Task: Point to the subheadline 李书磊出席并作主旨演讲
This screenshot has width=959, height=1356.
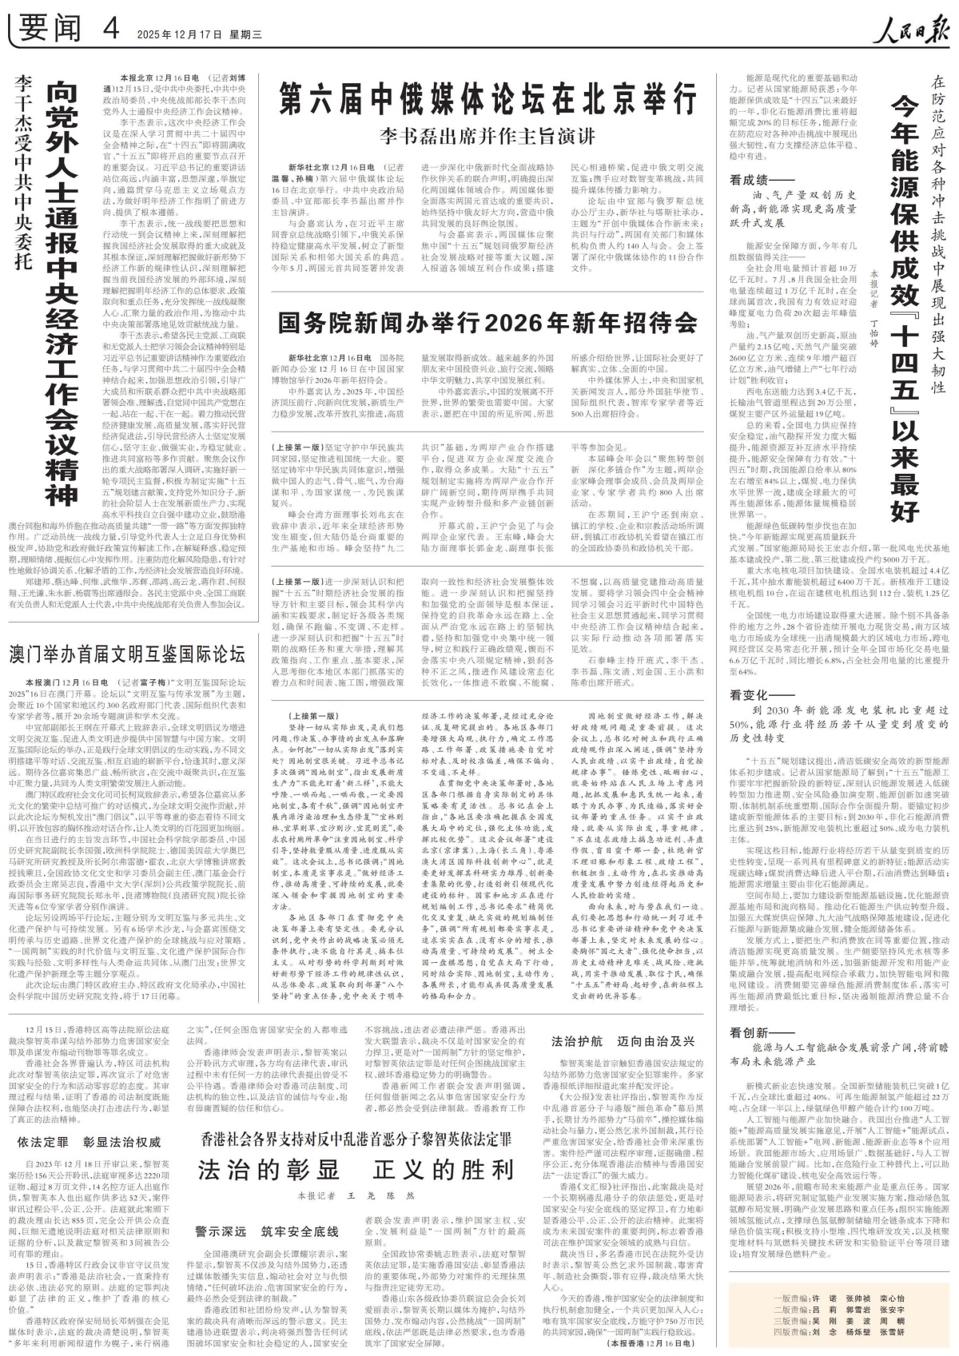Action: (x=487, y=136)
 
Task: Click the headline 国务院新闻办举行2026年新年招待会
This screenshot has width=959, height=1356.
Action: (x=487, y=323)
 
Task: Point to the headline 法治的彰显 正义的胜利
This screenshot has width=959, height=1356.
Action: (x=356, y=1170)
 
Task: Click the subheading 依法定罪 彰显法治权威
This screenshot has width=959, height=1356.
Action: (x=90, y=1142)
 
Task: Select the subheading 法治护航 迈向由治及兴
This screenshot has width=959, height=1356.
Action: (x=623, y=1041)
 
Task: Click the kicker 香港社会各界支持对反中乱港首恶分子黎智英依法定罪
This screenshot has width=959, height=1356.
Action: (x=356, y=1137)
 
